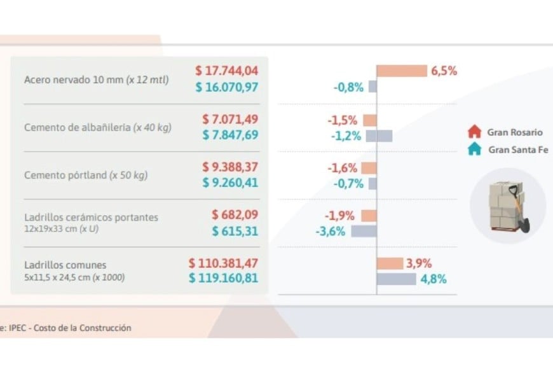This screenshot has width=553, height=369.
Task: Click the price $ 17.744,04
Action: tap(227, 71)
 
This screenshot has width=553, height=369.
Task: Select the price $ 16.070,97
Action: tap(227, 87)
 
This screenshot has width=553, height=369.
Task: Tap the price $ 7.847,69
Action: tap(231, 135)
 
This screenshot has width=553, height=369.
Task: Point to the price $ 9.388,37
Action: tap(231, 167)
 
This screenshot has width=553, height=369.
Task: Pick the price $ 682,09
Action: tap(235, 215)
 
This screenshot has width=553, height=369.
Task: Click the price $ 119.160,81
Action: tap(224, 278)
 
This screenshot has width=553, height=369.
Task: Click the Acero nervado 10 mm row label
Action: tap(96, 80)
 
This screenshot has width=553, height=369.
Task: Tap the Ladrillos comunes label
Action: tap(65, 265)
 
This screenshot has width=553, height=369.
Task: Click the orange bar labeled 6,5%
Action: tap(402, 71)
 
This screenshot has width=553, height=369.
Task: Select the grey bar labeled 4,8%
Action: tap(396, 279)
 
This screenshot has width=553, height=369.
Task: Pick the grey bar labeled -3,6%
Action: tap(364, 231)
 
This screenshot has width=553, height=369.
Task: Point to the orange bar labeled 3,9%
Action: tap(390, 263)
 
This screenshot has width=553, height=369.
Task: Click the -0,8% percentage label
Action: tap(348, 87)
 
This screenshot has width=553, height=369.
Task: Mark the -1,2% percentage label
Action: tap(346, 136)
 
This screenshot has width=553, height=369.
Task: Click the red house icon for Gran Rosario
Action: tap(474, 132)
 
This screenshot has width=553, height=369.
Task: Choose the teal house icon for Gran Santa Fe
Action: tap(474, 150)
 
